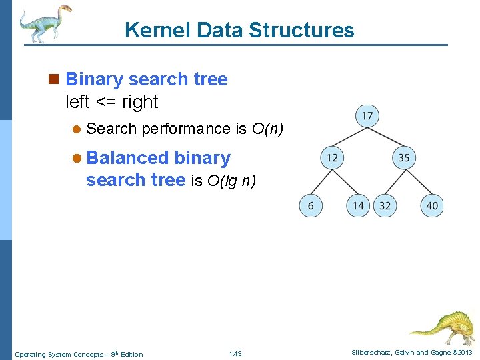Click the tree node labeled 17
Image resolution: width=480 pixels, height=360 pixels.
(367, 117)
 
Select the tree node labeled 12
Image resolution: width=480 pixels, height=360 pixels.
(331, 158)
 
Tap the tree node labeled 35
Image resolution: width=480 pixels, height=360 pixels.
(403, 158)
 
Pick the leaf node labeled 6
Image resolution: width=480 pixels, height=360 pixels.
(310, 205)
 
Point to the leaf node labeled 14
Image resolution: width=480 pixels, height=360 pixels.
(358, 205)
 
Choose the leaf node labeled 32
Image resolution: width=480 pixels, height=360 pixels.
(385, 205)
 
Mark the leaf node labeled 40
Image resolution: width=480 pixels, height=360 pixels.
(432, 205)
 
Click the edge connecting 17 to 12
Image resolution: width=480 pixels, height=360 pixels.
(349, 137)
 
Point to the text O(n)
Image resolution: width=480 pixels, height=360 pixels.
(267, 129)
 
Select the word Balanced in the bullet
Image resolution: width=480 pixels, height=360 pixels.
(128, 158)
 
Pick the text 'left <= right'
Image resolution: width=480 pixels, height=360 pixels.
(111, 102)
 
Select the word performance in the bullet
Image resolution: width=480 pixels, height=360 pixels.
(186, 129)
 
